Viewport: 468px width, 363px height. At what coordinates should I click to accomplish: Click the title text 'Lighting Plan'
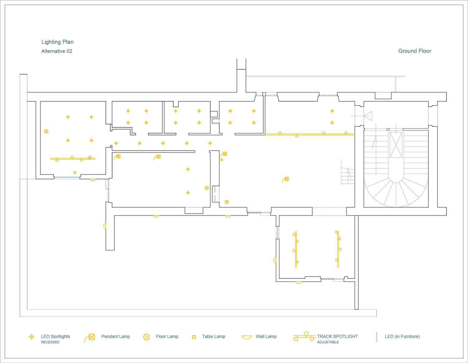tap(57, 42)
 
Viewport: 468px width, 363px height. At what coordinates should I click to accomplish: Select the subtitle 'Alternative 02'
tap(57, 51)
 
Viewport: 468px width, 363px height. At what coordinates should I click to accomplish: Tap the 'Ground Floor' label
tap(415, 51)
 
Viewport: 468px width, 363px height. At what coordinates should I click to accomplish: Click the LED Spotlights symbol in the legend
tap(32, 337)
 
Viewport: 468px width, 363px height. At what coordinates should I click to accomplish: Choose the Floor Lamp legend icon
tap(146, 337)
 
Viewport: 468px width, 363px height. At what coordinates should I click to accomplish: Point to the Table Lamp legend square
tap(194, 337)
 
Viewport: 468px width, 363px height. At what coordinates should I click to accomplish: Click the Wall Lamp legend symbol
tap(246, 337)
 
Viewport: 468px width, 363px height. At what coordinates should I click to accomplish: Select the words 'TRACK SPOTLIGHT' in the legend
tap(338, 336)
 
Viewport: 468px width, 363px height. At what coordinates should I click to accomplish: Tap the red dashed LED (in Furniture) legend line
tap(377, 337)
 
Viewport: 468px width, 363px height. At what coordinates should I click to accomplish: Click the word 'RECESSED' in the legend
tap(50, 342)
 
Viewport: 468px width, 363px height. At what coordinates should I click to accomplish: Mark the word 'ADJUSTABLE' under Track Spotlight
tap(328, 342)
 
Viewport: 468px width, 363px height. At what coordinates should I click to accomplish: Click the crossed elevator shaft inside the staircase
tap(396, 145)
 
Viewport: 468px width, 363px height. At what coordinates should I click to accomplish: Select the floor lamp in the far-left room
tap(46, 131)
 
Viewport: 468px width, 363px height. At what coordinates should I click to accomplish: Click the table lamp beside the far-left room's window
tap(75, 172)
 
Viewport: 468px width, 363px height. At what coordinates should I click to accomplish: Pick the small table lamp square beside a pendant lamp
tap(222, 159)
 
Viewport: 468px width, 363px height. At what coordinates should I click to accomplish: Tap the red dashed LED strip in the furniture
tap(215, 194)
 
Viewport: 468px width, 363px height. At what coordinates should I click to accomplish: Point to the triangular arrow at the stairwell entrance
tap(368, 116)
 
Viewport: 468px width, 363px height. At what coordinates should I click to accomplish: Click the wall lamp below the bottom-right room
tap(298, 282)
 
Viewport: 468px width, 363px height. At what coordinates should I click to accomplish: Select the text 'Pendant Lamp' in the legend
tap(116, 336)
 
